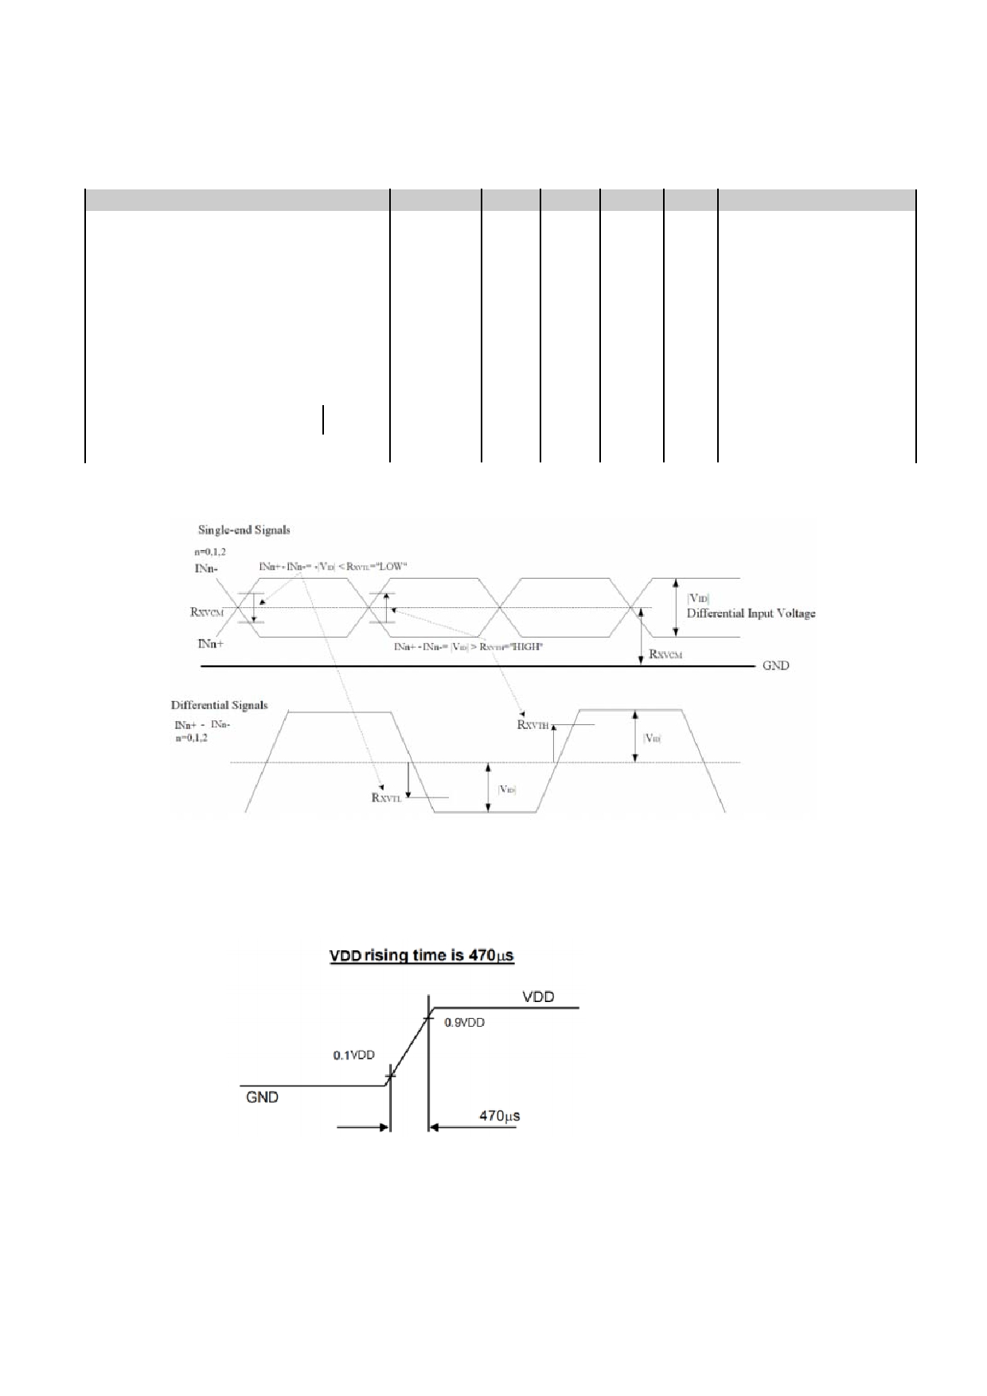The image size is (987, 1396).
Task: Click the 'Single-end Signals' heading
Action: (244, 530)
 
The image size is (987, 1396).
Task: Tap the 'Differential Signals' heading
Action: (219, 705)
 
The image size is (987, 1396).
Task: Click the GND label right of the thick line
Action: (775, 665)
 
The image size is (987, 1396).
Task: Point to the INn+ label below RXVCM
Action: (210, 643)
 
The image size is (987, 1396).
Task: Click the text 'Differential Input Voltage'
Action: (751, 614)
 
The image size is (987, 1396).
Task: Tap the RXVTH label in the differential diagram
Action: (533, 724)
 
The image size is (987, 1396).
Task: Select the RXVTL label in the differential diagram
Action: (387, 797)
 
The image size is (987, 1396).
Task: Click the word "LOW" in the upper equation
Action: (392, 567)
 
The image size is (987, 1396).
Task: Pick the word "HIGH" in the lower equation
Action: (526, 647)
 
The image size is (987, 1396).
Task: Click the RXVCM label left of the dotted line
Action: (207, 612)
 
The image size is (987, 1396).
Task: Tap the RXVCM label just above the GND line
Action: (665, 654)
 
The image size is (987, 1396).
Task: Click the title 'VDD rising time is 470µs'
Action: (422, 955)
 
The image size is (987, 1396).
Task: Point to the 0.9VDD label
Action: (465, 1023)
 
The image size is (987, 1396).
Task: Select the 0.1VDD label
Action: (353, 1055)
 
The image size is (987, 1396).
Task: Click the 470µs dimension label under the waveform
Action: (500, 1116)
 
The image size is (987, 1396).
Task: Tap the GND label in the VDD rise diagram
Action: (263, 1098)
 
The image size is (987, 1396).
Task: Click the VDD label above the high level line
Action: (538, 996)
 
